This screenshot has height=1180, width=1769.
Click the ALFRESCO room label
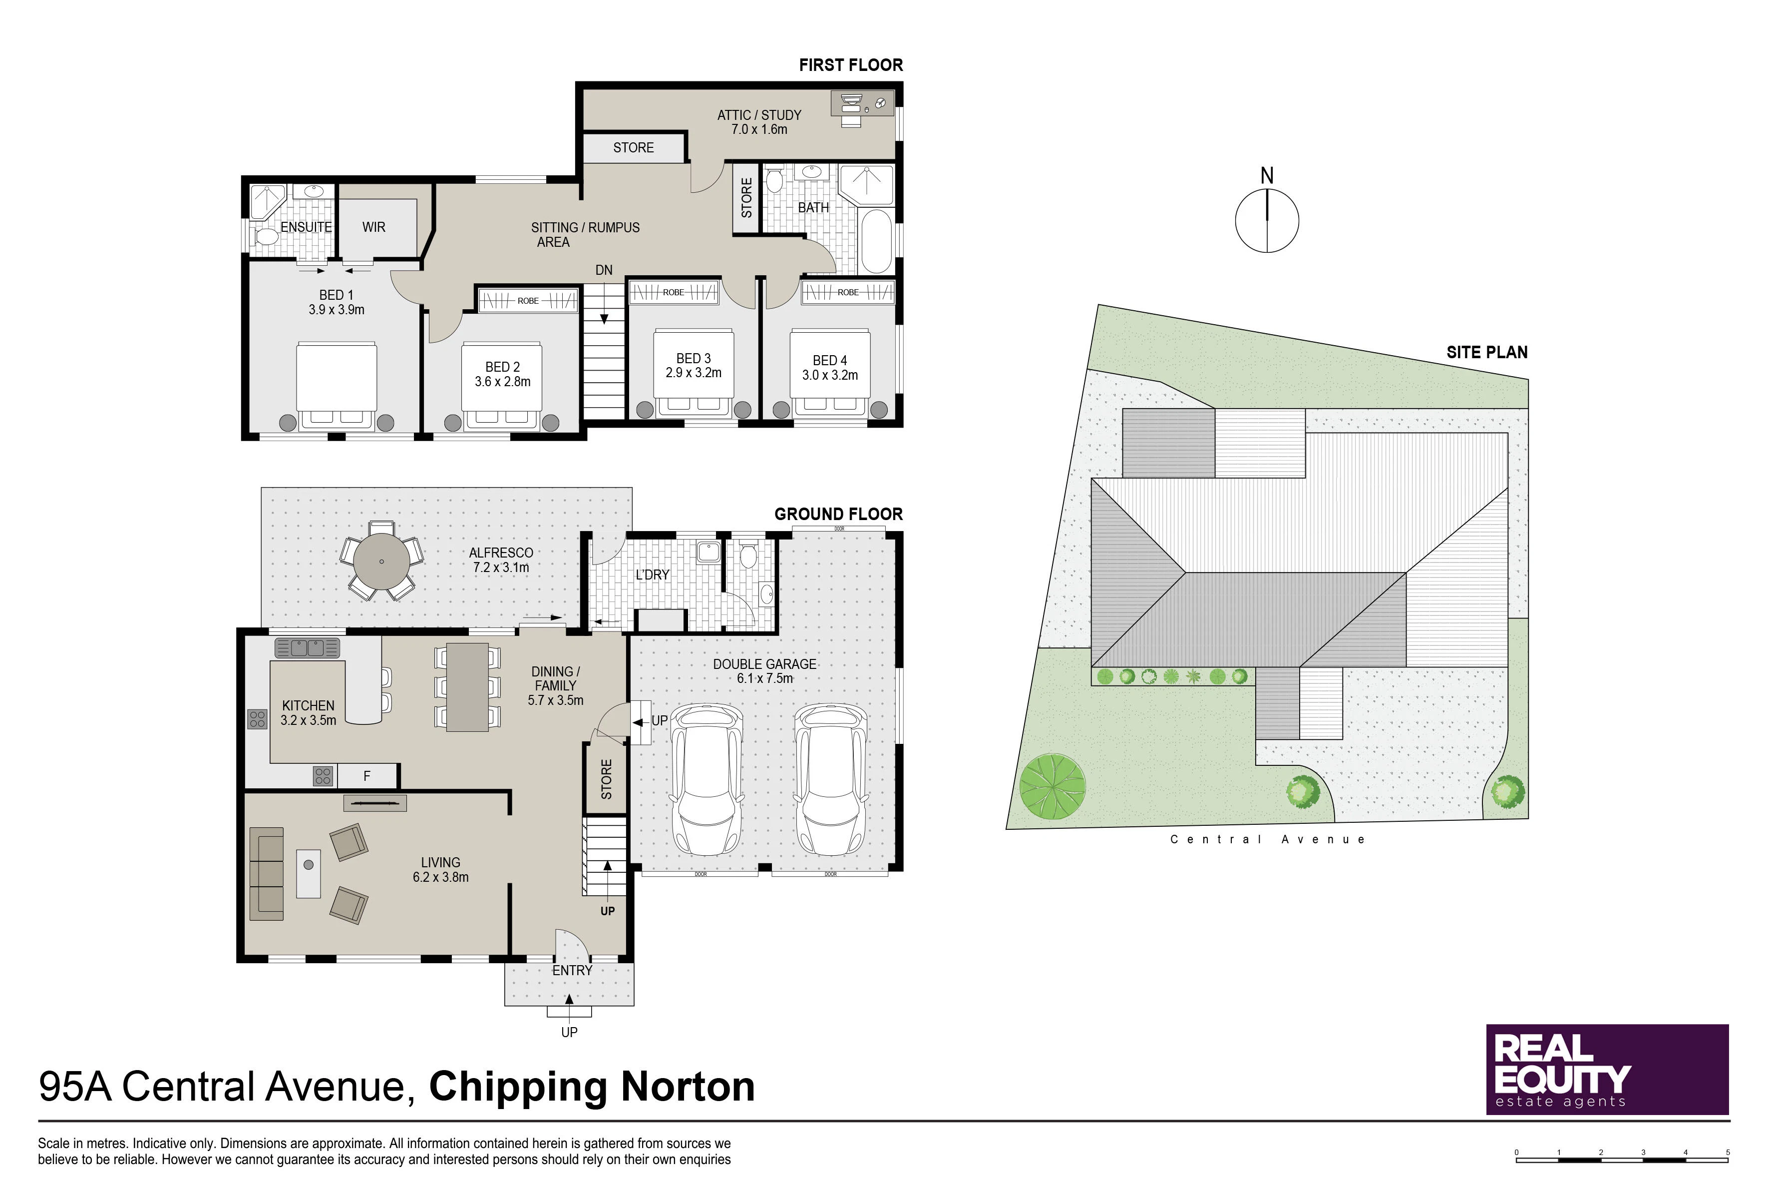pyautogui.click(x=501, y=553)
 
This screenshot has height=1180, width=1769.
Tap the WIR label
pyautogui.click(x=374, y=227)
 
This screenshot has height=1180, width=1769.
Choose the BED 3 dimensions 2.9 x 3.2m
pyautogui.click(x=694, y=373)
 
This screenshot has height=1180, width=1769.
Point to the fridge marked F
pyautogui.click(x=367, y=776)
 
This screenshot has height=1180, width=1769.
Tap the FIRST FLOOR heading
pyautogui.click(x=851, y=65)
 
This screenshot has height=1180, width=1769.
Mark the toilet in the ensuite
pyautogui.click(x=265, y=238)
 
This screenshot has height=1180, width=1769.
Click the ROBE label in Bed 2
pyautogui.click(x=528, y=301)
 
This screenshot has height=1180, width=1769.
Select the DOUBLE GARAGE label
pyautogui.click(x=765, y=664)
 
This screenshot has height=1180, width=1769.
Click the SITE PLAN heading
pyautogui.click(x=1487, y=352)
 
